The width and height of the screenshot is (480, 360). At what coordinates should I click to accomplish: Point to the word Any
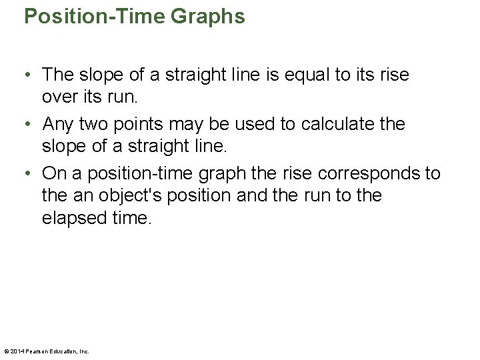point(57,124)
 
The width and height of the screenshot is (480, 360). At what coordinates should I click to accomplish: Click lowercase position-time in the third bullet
point(147,173)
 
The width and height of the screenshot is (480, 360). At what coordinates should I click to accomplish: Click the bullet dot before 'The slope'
point(31,76)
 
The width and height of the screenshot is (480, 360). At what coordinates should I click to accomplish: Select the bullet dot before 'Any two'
point(31,125)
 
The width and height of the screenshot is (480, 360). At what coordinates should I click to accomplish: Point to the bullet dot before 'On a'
point(31,174)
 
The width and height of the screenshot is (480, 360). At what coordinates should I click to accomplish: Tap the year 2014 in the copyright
point(16,351)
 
